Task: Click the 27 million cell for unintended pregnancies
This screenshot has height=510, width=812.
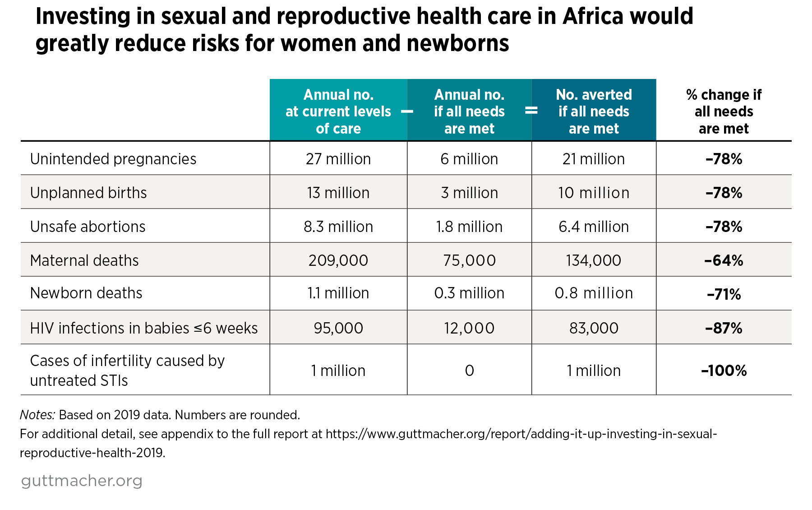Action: click(x=338, y=159)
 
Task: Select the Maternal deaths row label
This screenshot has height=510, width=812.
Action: click(x=84, y=260)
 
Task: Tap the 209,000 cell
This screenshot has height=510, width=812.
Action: click(x=338, y=260)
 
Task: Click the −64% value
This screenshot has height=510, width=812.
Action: click(x=724, y=260)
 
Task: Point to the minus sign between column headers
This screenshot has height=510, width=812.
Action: click(x=407, y=111)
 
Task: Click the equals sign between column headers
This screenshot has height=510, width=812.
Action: click(x=531, y=111)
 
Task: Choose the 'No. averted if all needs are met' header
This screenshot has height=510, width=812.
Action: click(x=594, y=111)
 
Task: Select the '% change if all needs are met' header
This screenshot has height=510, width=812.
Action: click(x=724, y=111)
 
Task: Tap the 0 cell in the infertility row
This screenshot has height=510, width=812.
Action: click(x=469, y=371)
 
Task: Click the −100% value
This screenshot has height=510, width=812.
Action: click(x=724, y=371)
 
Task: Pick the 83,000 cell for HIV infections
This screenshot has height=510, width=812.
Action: click(x=594, y=328)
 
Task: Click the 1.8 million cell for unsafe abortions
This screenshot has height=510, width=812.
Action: click(x=469, y=227)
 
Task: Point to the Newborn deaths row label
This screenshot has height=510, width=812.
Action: click(x=86, y=293)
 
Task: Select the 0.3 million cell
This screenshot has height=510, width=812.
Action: click(x=469, y=293)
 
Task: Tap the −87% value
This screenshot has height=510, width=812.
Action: click(x=724, y=328)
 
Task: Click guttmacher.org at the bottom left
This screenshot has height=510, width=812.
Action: click(x=82, y=481)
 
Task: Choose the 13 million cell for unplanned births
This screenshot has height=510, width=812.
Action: click(x=338, y=193)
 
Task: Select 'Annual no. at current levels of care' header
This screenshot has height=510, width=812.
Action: click(x=338, y=111)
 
